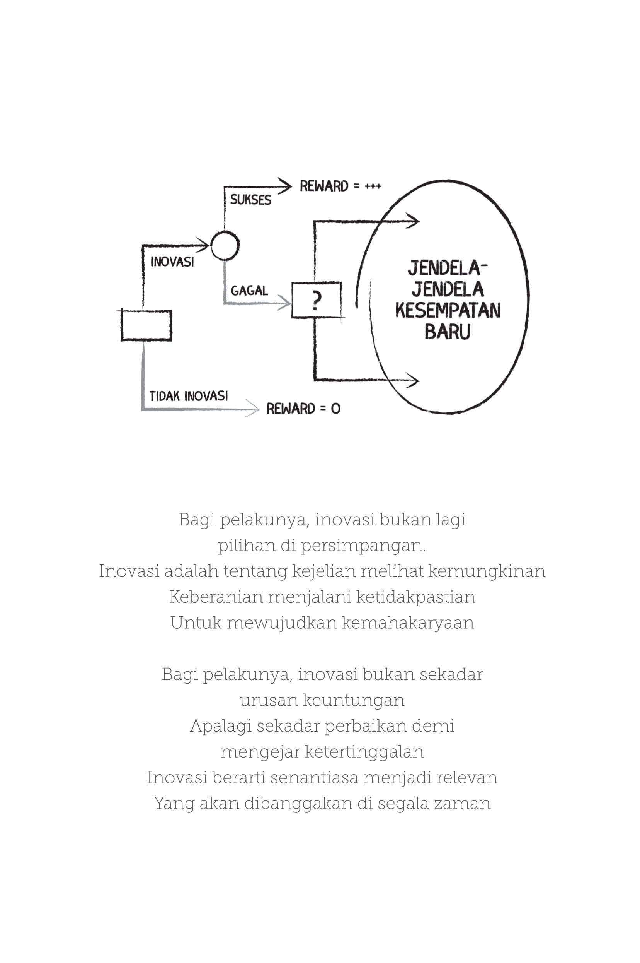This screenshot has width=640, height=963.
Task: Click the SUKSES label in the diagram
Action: point(250,200)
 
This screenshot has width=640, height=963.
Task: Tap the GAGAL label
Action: point(249,291)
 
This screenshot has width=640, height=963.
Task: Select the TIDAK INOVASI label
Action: point(189,396)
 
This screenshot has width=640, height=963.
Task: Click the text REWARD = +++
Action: point(340,186)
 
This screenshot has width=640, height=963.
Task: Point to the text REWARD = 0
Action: point(303,409)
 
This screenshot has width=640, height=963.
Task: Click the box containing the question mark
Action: point(316,300)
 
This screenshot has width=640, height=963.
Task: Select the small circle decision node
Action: point(225,245)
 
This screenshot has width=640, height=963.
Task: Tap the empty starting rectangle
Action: point(146,325)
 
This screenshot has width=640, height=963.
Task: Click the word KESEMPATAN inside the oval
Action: point(448,311)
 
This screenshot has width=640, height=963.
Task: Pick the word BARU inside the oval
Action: point(448,332)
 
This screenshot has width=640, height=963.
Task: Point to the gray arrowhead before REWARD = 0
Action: point(253,409)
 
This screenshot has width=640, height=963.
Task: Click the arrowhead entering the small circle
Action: point(203,245)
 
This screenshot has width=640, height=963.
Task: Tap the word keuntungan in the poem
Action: point(354,700)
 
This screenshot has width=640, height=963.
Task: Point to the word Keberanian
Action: point(216,597)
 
